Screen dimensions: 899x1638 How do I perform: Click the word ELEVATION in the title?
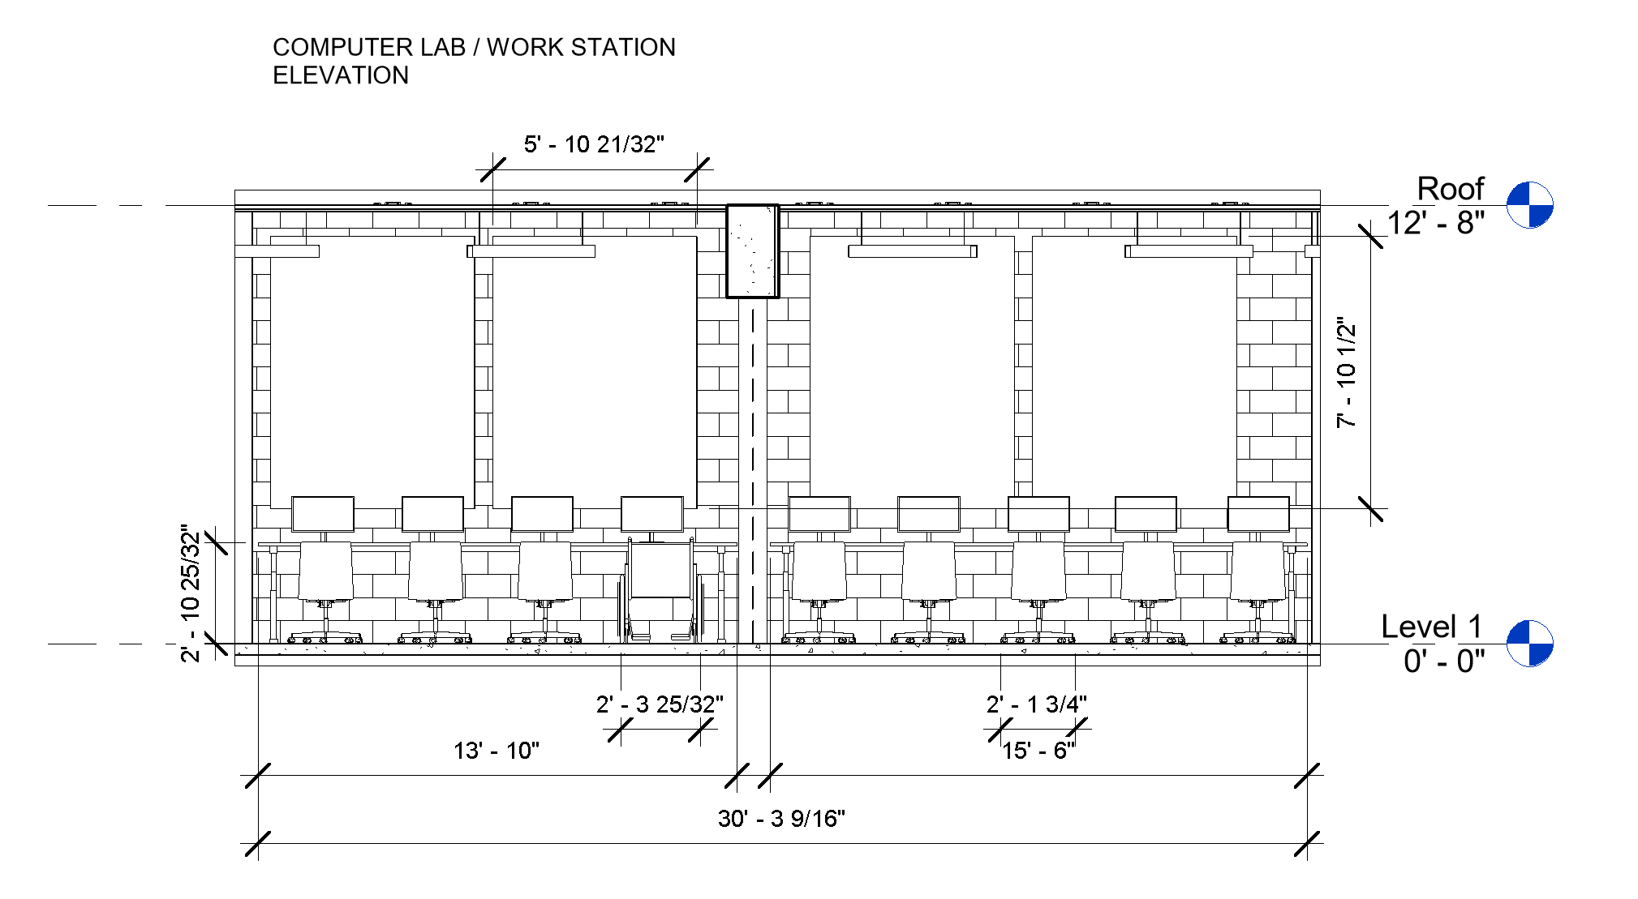pos(341,75)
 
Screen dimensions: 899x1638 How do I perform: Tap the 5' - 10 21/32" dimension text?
pos(594,144)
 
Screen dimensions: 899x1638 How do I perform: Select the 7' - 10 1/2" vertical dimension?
pos(1347,372)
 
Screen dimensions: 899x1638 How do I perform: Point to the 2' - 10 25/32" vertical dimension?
pos(190,593)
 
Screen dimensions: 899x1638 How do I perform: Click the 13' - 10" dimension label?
pos(496,751)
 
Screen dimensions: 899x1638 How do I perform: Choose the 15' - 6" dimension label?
pos(1038,751)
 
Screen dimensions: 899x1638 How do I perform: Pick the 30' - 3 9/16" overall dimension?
pos(781,819)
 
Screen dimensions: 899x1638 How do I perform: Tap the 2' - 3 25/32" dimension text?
pos(660,704)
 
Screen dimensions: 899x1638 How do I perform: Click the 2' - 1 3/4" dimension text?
pos(1037,704)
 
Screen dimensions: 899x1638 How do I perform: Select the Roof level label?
pos(1450,189)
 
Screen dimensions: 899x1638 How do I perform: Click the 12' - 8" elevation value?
pos(1436,223)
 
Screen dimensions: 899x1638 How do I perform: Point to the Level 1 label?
pos(1431,627)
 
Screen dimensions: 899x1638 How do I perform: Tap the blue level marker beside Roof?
pos(1529,205)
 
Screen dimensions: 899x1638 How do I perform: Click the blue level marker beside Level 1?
pos(1529,644)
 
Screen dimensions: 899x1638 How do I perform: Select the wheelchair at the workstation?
pos(661,588)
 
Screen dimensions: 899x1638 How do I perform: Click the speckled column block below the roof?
pos(752,251)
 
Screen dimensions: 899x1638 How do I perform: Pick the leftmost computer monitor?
pos(323,514)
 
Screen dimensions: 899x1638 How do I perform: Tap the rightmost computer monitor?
pos(1258,514)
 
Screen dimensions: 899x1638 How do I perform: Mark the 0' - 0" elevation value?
pos(1444,661)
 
